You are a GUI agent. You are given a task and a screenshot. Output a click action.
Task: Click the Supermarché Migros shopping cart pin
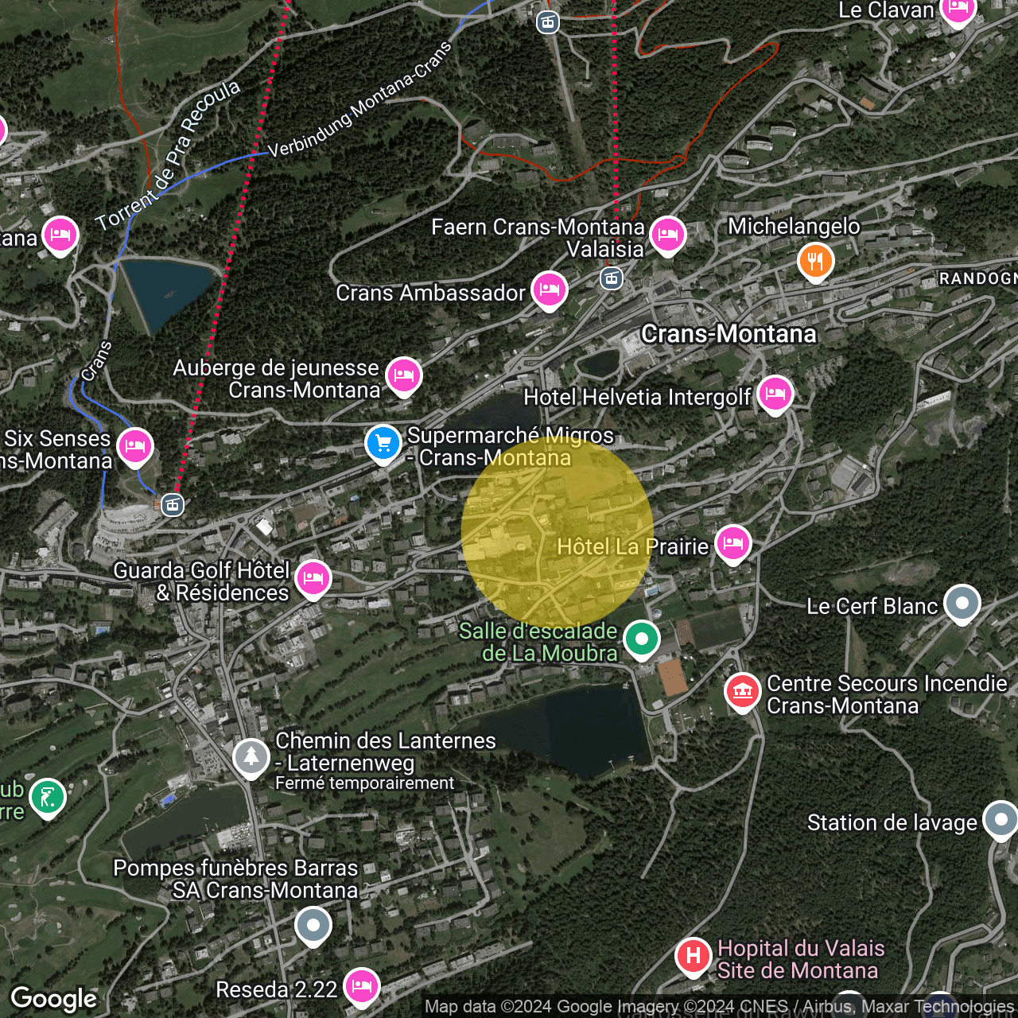click(x=383, y=443)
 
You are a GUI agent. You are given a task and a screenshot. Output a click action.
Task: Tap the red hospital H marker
click(x=693, y=955)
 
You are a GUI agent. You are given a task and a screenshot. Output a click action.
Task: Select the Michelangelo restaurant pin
click(x=815, y=260)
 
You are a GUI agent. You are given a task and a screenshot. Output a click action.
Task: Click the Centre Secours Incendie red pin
click(x=743, y=691)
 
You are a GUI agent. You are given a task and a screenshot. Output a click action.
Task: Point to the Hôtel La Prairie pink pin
click(x=732, y=543)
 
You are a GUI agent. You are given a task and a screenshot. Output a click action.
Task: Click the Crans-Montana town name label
click(x=729, y=334)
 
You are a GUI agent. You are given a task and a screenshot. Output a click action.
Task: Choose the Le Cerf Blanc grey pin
click(x=962, y=603)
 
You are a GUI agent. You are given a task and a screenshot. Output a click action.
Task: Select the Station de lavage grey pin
click(x=1000, y=819)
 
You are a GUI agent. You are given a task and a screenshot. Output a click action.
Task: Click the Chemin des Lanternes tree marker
click(x=251, y=756)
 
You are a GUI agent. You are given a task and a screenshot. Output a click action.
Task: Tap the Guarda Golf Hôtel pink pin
click(x=313, y=578)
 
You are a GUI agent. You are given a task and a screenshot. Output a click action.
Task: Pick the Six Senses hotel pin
click(x=135, y=445)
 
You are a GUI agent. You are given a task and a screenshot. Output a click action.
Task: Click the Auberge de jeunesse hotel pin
click(x=403, y=375)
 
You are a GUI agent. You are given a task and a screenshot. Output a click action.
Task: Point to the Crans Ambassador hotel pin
click(x=549, y=290)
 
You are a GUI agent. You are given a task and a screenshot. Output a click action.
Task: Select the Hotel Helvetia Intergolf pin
click(x=775, y=394)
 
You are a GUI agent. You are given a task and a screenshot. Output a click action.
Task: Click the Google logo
click(x=54, y=999)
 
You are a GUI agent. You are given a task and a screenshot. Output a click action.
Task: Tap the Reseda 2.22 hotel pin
click(x=362, y=986)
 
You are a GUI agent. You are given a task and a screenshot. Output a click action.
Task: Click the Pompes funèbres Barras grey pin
click(x=313, y=925)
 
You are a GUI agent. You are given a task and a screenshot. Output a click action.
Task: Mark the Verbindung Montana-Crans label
click(x=359, y=99)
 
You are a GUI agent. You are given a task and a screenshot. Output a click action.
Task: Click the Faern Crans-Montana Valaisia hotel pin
click(x=667, y=235)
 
